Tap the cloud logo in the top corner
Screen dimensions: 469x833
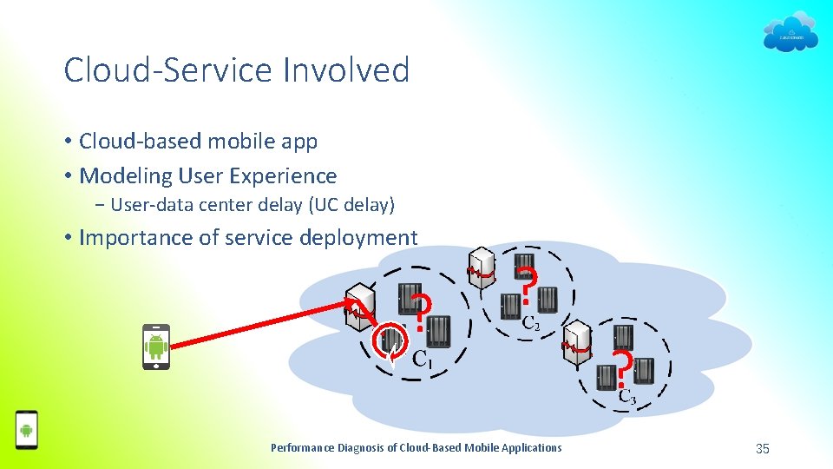point(790,32)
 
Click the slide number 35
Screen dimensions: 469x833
point(763,448)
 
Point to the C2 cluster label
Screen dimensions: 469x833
point(531,323)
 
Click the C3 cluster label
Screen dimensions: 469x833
point(626,398)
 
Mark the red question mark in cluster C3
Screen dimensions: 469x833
point(621,369)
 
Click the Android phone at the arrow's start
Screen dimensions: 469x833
point(156,347)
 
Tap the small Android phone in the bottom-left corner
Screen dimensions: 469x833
point(27,429)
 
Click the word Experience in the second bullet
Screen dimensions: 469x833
point(281,175)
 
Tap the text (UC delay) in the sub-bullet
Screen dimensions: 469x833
point(347,205)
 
